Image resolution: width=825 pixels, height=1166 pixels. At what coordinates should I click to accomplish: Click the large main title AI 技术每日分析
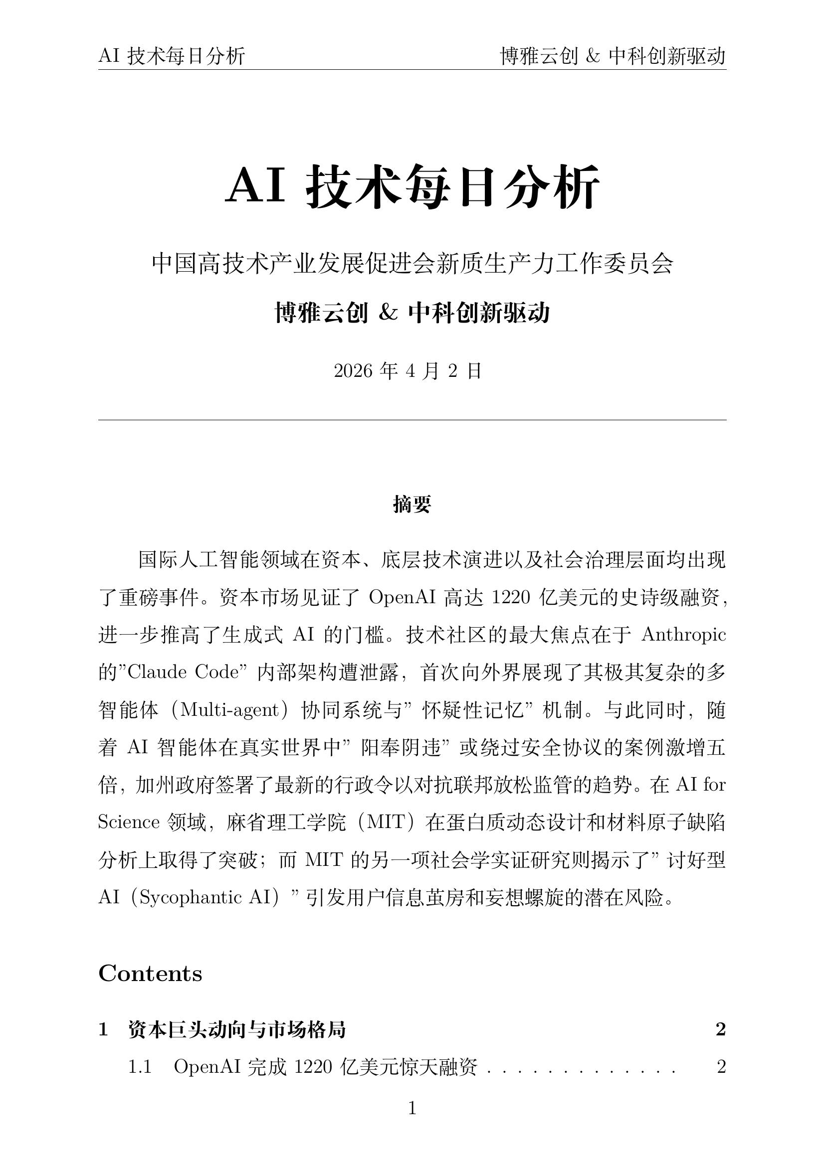click(x=412, y=187)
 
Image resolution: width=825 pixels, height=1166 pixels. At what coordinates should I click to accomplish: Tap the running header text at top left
click(x=172, y=56)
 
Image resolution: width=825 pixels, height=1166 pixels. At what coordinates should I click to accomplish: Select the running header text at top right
click(x=613, y=56)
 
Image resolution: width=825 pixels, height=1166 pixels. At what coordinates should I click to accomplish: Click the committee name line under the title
click(x=412, y=264)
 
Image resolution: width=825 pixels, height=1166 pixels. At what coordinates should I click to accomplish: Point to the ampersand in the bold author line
click(x=388, y=313)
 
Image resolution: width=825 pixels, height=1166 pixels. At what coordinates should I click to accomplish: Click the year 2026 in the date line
click(x=354, y=371)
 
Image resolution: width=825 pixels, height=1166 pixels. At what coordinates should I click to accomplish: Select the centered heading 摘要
click(x=412, y=504)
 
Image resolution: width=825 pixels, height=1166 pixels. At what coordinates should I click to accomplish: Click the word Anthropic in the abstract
click(x=683, y=635)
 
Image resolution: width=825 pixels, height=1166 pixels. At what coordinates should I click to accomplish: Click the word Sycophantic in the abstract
click(x=191, y=898)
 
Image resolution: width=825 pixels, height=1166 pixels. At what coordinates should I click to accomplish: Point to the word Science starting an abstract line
click(x=129, y=823)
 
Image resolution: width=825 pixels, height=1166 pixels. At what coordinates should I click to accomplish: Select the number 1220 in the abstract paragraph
click(x=510, y=598)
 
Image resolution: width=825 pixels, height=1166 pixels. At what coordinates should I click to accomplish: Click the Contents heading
click(x=150, y=974)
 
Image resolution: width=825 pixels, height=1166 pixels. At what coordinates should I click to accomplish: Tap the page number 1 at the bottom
click(x=412, y=1108)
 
